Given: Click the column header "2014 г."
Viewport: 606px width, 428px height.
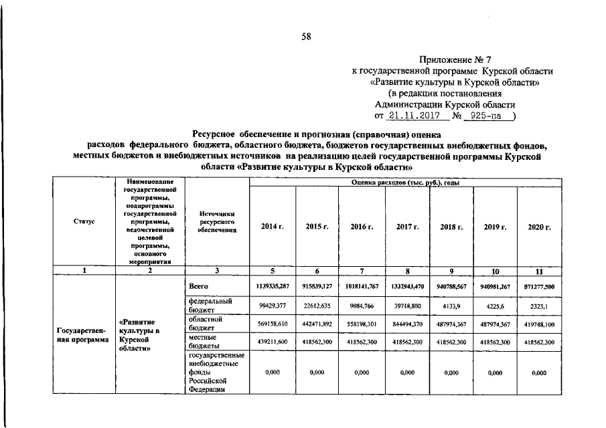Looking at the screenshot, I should pos(273,227).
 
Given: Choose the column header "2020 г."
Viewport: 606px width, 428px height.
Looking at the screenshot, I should pos(539,227).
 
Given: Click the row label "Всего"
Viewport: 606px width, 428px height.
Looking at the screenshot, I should pos(198,286).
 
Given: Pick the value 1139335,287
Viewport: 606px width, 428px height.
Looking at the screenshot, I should pos(272,286).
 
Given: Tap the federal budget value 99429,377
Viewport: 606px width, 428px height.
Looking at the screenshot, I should pos(272,306).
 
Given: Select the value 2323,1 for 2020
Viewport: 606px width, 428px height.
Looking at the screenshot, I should pos(538,306).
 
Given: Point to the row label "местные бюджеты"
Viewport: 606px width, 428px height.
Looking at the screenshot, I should pos(204,342).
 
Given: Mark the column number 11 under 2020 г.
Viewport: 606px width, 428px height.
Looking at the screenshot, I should pos(538,271).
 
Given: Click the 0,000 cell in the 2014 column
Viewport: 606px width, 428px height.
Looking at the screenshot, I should pos(272,372).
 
